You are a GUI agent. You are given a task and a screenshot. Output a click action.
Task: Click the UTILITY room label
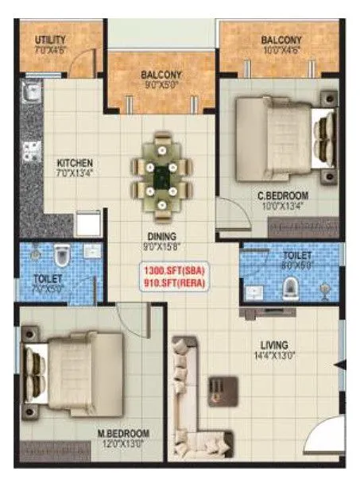50,40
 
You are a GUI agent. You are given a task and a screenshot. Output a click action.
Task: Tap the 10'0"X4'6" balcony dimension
281,51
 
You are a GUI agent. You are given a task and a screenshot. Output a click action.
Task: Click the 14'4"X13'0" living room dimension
273,356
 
